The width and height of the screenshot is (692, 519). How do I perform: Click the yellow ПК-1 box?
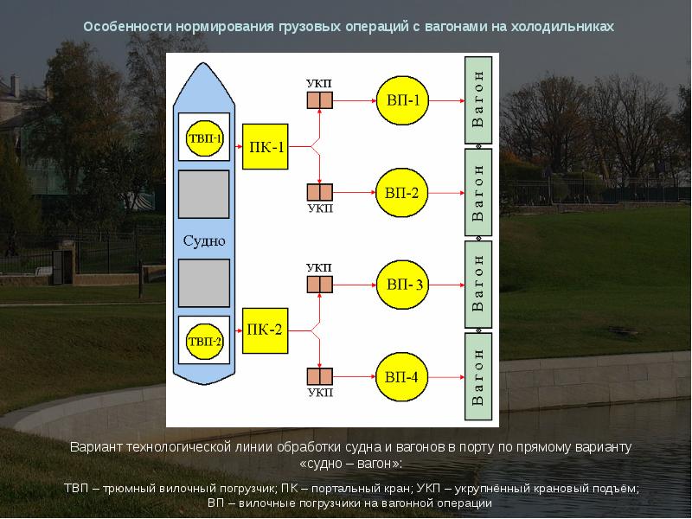pyautogui.click(x=266, y=146)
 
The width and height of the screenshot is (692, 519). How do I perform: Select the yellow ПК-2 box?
pyautogui.click(x=266, y=330)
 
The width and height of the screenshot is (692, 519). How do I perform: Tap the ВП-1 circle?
pyautogui.click(x=402, y=100)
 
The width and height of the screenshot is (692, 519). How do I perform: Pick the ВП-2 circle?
pyautogui.click(x=401, y=192)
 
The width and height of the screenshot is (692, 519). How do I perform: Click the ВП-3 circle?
pyautogui.click(x=402, y=285)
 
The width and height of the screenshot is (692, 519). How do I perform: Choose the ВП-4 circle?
pyautogui.click(x=401, y=377)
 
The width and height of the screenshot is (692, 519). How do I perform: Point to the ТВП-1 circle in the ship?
pyautogui.click(x=204, y=138)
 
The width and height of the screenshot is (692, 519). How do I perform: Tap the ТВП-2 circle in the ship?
pyautogui.click(x=204, y=341)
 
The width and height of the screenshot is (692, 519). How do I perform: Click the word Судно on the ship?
pyautogui.click(x=204, y=241)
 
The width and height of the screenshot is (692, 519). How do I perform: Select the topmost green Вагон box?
pyautogui.click(x=478, y=99)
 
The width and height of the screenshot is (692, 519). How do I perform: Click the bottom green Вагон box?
pyautogui.click(x=478, y=377)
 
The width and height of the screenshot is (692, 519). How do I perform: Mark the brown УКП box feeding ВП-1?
pyautogui.click(x=320, y=100)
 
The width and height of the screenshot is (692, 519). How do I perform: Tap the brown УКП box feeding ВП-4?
pyautogui.click(x=320, y=376)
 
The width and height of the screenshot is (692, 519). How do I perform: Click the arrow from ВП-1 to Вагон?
pyautogui.click(x=446, y=100)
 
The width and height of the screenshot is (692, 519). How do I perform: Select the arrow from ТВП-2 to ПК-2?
pyautogui.click(x=236, y=330)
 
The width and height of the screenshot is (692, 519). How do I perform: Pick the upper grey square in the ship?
pyautogui.click(x=204, y=194)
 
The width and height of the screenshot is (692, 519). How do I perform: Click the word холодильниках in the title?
pyautogui.click(x=562, y=27)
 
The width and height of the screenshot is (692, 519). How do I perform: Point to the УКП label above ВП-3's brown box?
pyautogui.click(x=318, y=268)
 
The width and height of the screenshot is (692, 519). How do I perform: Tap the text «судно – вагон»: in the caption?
pyautogui.click(x=351, y=464)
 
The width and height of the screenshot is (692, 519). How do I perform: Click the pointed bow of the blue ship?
pyautogui.click(x=203, y=64)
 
